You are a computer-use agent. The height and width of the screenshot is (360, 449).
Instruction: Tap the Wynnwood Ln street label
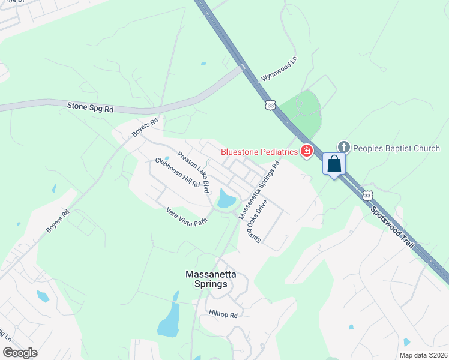pos(279,70)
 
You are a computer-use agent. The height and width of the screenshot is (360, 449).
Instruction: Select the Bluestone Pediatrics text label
pos(259,152)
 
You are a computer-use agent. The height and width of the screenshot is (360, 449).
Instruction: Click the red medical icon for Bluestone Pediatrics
pos(307,151)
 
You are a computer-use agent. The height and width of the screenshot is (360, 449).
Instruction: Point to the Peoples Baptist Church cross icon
pos(343,147)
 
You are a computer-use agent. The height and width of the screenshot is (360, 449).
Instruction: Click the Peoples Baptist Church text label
pos(396,148)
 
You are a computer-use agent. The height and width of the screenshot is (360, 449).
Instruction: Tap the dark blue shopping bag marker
pos(334,164)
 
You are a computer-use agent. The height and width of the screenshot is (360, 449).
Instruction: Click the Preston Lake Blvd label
pos(193,172)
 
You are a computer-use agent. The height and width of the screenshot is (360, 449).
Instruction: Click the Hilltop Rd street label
pos(223,314)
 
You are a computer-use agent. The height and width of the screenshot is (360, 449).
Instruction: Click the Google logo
pos(20,353)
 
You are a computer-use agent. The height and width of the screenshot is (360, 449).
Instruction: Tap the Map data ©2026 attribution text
pos(423,355)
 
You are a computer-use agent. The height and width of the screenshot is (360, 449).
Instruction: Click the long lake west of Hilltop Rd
pos(169,319)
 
